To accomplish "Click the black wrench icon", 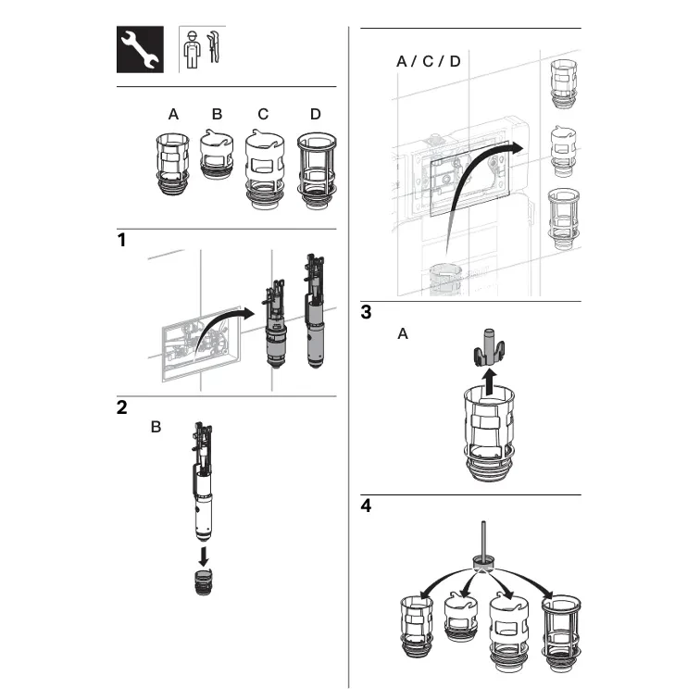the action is click(x=140, y=50).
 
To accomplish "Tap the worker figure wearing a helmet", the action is click(x=192, y=50).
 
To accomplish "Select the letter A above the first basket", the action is click(x=173, y=114).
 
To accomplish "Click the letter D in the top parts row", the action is click(x=315, y=114).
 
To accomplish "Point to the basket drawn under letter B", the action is click(x=217, y=154).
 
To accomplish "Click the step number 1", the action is click(x=121, y=240).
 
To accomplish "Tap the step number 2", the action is click(x=122, y=407).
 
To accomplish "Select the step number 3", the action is click(x=366, y=312).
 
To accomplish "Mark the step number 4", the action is click(x=366, y=506).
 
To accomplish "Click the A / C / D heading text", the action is click(x=428, y=61).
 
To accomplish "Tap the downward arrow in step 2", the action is click(x=204, y=556).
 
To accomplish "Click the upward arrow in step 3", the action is click(x=490, y=381).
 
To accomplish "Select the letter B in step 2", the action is click(x=156, y=427).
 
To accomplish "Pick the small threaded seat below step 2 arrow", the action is click(x=204, y=582).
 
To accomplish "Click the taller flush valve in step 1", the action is click(x=315, y=311).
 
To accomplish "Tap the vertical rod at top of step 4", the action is click(x=483, y=538).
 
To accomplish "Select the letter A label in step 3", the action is click(x=403, y=333).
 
